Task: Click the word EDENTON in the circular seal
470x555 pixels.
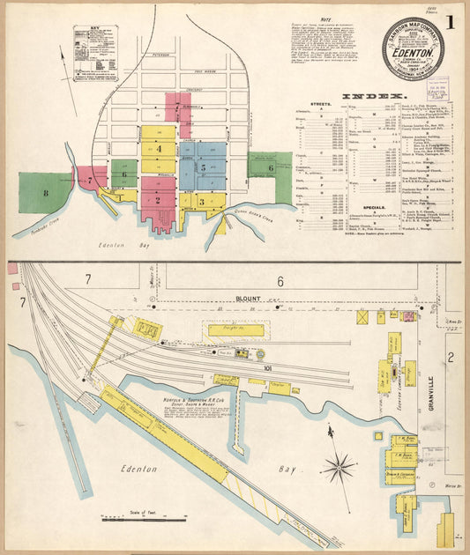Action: click(413, 50)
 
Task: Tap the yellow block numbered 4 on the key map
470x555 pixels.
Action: click(159, 149)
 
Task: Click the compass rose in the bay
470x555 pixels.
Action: click(339, 466)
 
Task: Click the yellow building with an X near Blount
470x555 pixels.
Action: click(362, 315)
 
